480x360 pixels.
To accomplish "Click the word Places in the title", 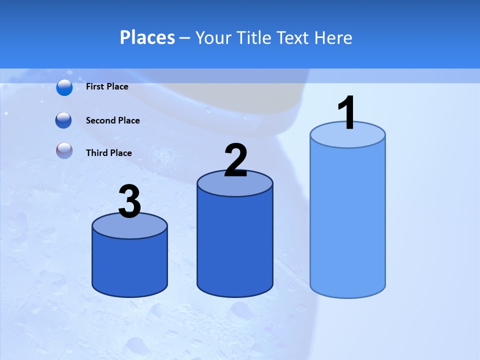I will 147,37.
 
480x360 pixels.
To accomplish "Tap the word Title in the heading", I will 255,37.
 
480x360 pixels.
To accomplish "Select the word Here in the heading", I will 333,37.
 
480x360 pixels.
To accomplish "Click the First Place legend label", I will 107,86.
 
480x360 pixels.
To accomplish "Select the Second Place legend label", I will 112,120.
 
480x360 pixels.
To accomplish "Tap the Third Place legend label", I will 108,153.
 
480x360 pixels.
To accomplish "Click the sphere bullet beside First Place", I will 64,87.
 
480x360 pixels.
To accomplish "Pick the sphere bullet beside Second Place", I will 63,120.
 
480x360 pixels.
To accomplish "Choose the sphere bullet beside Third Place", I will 64,150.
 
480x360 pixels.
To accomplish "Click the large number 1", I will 346,113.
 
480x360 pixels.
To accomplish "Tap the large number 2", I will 236,160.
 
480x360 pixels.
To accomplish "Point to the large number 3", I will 130,202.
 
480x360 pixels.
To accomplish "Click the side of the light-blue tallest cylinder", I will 347,220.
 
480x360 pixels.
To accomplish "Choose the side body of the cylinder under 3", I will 130,265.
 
